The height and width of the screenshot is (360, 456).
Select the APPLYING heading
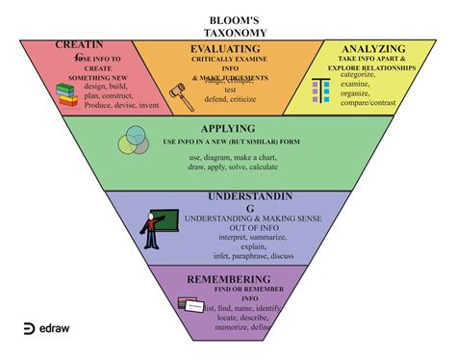[228, 128]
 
